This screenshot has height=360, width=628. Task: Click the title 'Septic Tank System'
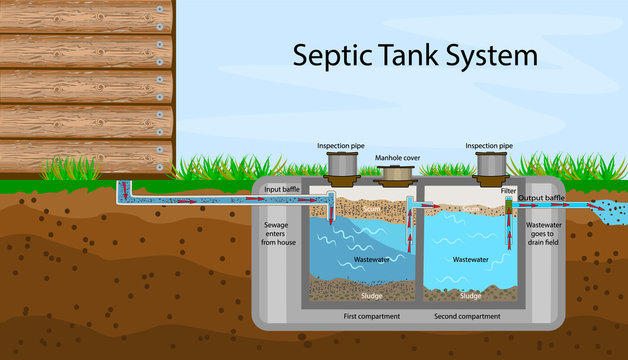coord(415,55)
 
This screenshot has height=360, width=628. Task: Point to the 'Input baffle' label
coord(283,189)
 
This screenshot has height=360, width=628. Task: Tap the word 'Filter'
coord(508,190)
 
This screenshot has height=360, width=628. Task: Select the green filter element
coord(507,207)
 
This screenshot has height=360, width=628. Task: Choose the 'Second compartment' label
coord(468,316)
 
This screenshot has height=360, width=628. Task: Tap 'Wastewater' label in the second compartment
coord(470,259)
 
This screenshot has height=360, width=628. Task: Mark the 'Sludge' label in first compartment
coord(372,296)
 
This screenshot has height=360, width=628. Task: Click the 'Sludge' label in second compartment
coord(470,296)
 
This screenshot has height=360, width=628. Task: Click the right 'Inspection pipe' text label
coord(490,146)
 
